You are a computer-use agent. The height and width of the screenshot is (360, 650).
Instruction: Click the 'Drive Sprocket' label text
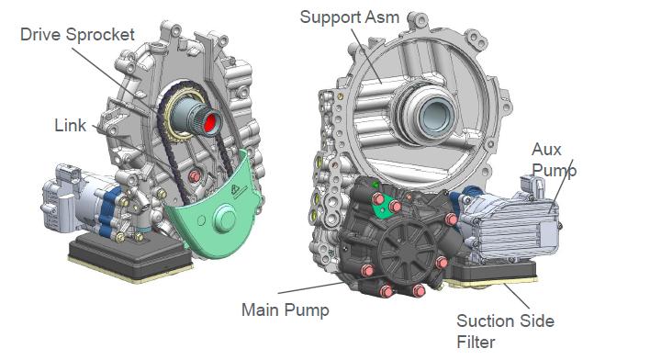coord(77,34)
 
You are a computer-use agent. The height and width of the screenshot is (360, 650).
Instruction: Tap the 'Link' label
coord(71,125)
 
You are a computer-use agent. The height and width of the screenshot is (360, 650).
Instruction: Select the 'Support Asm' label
coord(350,17)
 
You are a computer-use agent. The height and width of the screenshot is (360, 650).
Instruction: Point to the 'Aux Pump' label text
coord(554,160)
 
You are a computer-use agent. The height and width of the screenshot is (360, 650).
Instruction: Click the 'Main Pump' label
coord(286,310)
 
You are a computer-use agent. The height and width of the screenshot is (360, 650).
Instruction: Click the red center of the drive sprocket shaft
coord(210,123)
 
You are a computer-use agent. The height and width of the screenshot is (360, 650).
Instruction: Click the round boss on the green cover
coord(225,219)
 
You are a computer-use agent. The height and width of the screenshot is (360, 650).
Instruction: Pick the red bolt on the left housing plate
coord(195,176)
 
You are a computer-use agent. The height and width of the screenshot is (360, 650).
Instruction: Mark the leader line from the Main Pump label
coord(312,287)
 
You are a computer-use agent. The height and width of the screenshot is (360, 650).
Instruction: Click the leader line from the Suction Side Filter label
coord(516,296)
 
